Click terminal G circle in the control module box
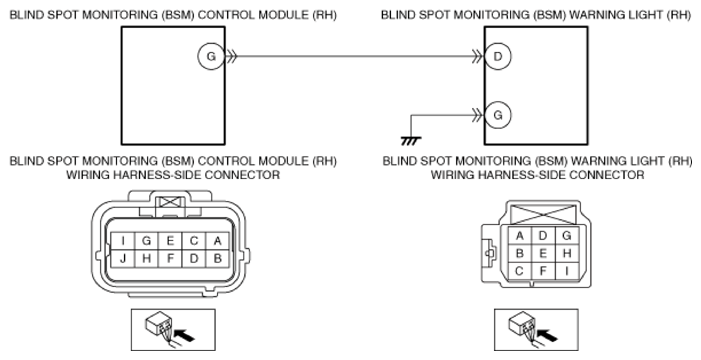pos(211,56)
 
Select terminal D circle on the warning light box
pos(498,56)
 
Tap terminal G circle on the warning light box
pos(498,115)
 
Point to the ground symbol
pos(411,141)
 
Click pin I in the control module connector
pos(123,241)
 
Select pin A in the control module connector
pos(218,241)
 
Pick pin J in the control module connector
pos(123,259)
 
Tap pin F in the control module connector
pos(170,259)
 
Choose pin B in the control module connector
pos(218,259)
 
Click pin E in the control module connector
pos(170,241)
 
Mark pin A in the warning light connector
pos(519,236)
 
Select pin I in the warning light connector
pos(567,271)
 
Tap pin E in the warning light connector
pos(543,254)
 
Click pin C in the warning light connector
pos(519,271)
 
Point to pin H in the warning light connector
pos(567,254)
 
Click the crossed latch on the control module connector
pos(170,202)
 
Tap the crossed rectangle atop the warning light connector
pos(543,215)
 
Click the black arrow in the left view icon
pos(184,335)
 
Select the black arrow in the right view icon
pos(547,335)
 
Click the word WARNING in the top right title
pos(599,15)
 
